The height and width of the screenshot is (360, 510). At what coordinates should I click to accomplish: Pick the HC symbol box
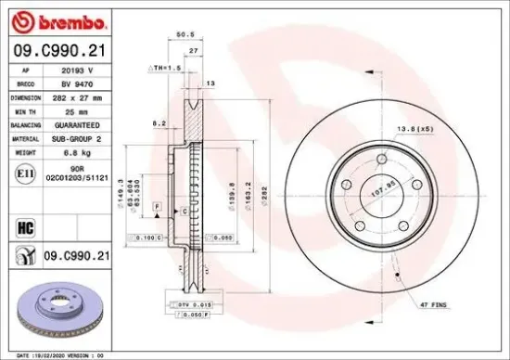tap(26, 224)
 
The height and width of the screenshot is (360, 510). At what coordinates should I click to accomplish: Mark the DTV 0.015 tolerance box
tap(196, 304)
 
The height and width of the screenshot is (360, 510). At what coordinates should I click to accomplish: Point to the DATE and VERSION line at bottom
tap(60, 354)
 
